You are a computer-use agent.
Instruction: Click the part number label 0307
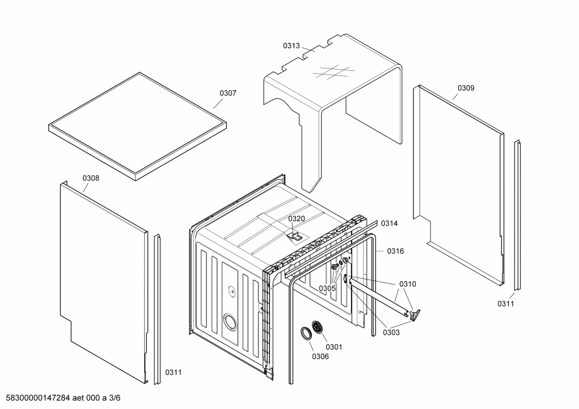228,93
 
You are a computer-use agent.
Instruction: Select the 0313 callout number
291,46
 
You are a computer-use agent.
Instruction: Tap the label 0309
466,88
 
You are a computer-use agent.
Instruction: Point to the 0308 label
91,178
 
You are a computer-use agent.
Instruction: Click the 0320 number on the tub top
296,219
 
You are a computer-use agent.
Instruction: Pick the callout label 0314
389,224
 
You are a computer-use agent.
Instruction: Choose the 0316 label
395,251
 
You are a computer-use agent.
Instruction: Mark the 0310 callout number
408,284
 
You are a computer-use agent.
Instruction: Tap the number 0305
327,288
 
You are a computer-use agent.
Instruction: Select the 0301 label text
334,347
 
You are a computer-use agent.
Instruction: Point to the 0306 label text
320,356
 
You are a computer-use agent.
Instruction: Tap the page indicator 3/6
114,398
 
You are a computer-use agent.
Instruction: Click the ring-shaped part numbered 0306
306,333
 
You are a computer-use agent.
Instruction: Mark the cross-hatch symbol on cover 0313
333,72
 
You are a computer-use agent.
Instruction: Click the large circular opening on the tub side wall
230,321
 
